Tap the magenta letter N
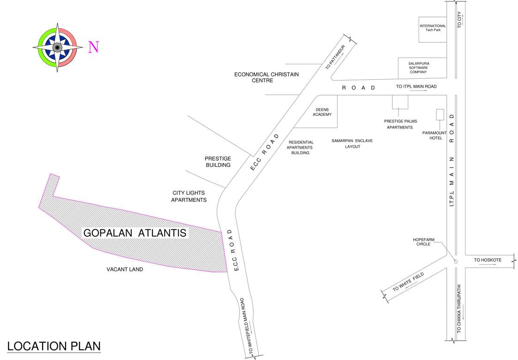point(94,47)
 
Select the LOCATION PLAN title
point(54,346)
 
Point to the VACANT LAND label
point(125,270)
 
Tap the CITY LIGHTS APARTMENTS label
point(188,196)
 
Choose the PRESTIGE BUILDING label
point(218,162)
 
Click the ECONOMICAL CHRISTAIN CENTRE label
point(266,77)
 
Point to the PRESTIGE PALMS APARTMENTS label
point(400,124)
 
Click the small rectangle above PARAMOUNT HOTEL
point(440,115)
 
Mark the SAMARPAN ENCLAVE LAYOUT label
point(352,143)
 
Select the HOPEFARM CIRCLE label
point(423,242)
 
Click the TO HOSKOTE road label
point(488,260)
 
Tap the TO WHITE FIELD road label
point(408,283)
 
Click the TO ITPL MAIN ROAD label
point(416,87)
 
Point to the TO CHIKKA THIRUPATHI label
point(459,308)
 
